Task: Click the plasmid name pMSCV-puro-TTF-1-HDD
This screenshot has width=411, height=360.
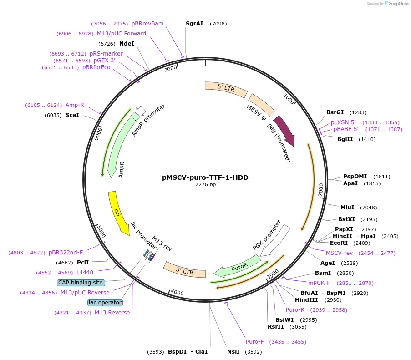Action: (x=205, y=177)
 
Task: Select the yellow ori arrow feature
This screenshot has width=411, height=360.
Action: (x=118, y=213)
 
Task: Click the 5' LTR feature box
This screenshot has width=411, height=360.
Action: (x=226, y=88)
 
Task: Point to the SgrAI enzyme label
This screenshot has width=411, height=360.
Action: (x=194, y=24)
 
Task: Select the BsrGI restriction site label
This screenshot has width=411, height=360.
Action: (x=335, y=112)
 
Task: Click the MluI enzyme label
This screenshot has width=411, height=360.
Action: (x=347, y=208)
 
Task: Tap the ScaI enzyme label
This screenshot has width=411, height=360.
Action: (x=72, y=115)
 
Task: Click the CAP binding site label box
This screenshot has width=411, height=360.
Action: (x=81, y=283)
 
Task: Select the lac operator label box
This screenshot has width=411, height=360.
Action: (x=105, y=303)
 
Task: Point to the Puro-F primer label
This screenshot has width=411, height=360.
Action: (x=255, y=342)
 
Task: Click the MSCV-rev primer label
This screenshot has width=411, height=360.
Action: (x=339, y=253)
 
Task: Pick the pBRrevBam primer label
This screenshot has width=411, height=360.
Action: (x=147, y=24)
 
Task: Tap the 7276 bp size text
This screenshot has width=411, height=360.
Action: (x=205, y=185)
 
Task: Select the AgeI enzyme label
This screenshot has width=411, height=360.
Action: (x=328, y=263)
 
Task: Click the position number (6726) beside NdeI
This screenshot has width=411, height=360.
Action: (x=107, y=44)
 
